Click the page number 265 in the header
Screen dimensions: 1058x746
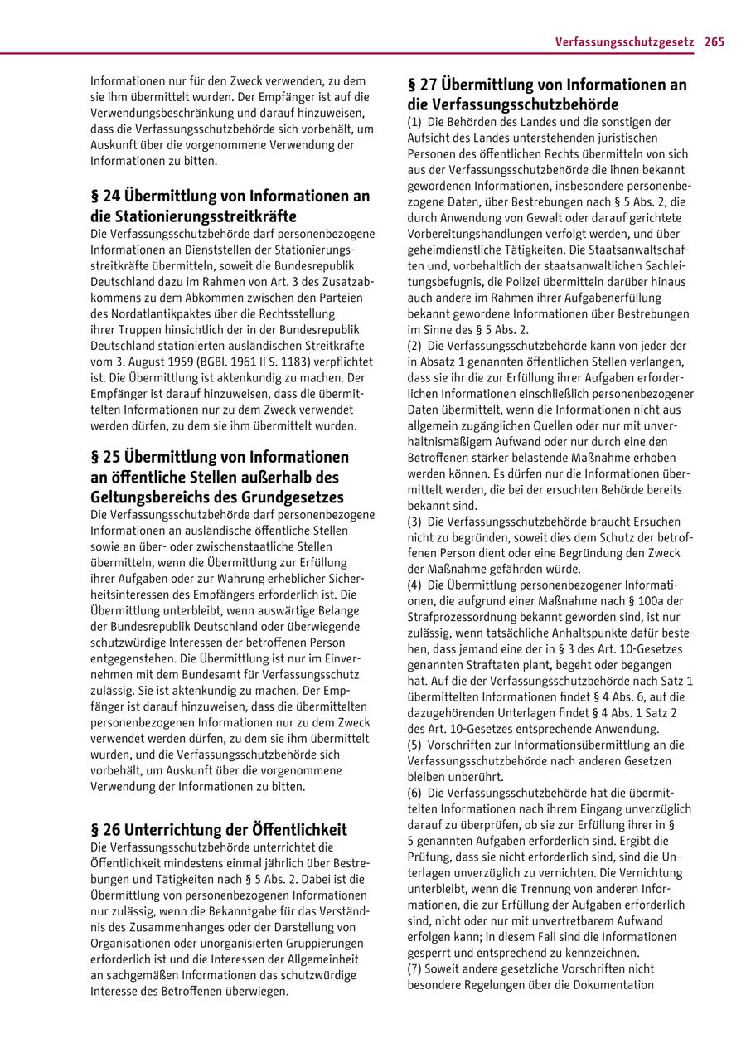click(715, 41)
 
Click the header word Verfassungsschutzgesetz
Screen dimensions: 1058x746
click(624, 41)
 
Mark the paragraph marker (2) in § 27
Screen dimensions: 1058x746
click(414, 345)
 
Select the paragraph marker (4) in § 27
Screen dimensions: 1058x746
click(414, 585)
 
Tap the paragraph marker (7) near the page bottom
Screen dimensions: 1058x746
click(414, 969)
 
